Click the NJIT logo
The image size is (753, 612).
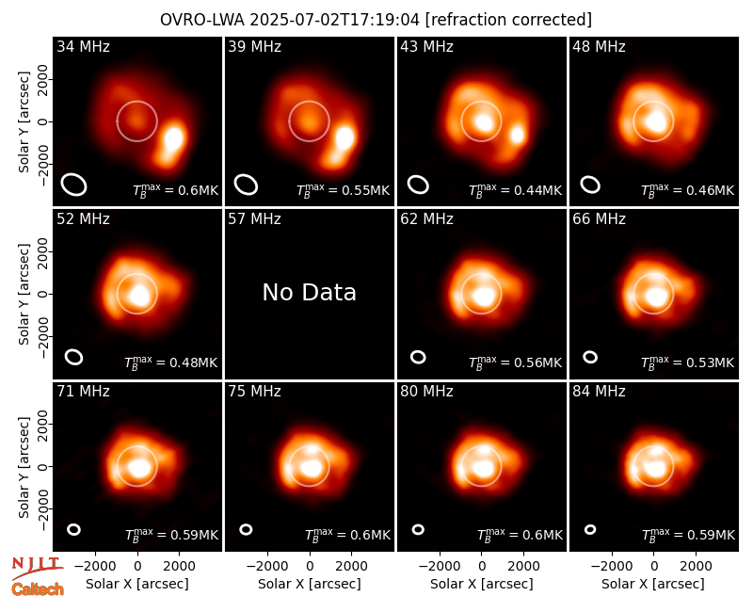click(37, 568)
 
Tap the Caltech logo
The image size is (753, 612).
click(38, 589)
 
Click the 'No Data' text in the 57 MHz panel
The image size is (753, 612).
click(310, 293)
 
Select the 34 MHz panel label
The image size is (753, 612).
click(83, 46)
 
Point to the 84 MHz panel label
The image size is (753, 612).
click(599, 392)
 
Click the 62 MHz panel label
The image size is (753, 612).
click(427, 219)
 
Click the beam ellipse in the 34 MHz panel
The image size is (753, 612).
click(74, 185)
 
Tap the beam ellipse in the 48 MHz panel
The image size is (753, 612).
click(590, 185)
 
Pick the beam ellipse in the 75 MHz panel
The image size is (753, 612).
click(246, 529)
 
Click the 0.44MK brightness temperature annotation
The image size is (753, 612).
click(515, 190)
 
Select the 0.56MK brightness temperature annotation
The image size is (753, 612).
click(515, 362)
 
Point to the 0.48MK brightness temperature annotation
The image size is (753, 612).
click(171, 362)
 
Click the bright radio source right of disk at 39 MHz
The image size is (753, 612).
click(344, 137)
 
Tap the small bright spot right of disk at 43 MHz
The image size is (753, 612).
click(517, 135)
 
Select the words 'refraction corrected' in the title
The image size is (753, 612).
click(508, 20)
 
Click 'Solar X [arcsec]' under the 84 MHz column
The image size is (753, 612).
click(653, 584)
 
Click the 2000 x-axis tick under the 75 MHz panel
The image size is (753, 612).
click(352, 566)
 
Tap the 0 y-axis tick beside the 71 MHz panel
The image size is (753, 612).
click(42, 466)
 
